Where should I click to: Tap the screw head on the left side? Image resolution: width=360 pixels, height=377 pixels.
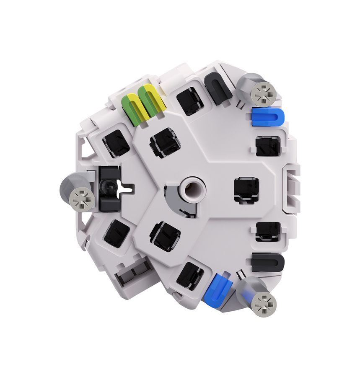(80, 198)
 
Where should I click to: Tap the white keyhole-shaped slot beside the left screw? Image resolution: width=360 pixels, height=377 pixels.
(123, 187)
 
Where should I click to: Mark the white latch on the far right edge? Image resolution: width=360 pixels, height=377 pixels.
(292, 186)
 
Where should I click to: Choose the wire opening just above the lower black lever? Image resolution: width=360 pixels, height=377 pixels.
(268, 231)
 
